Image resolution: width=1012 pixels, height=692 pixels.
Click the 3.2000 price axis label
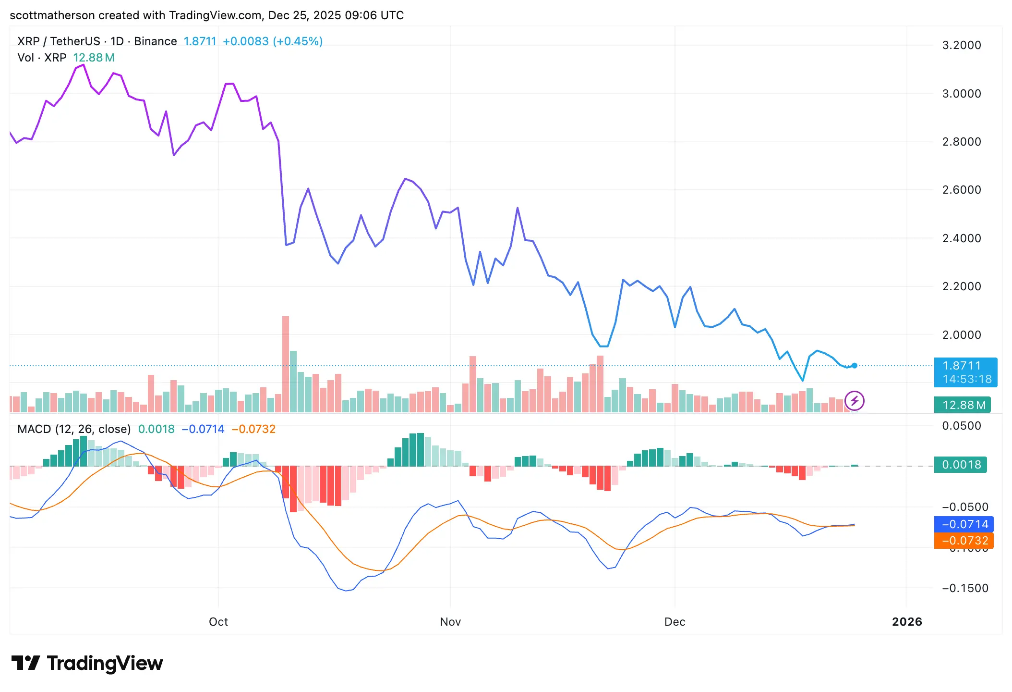[961, 45]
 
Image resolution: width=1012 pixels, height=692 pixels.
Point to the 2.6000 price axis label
[961, 190]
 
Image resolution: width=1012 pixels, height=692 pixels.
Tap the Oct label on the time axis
[218, 622]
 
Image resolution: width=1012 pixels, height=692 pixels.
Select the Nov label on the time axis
[450, 622]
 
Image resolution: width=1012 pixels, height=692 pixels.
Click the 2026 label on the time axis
[906, 622]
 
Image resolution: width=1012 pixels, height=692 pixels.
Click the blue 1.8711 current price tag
[965, 372]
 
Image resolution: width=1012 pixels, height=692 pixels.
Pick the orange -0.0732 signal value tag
[964, 541]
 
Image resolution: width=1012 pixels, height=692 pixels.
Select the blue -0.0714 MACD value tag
[964, 524]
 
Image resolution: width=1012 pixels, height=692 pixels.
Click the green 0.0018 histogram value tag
[960, 465]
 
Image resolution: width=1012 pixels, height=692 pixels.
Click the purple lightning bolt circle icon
[855, 401]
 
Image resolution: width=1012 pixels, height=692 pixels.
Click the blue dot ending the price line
[855, 366]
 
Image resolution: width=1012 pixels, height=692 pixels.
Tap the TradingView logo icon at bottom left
[25, 663]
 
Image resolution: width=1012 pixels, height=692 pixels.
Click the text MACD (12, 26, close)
[74, 429]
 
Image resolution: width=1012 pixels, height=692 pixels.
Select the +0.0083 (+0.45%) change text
[272, 41]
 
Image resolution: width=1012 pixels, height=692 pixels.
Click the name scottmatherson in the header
[52, 15]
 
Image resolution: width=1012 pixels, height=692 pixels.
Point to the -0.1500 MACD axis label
[964, 588]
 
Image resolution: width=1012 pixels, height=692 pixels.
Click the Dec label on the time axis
[675, 622]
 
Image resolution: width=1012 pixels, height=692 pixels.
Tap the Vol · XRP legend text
[42, 58]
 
